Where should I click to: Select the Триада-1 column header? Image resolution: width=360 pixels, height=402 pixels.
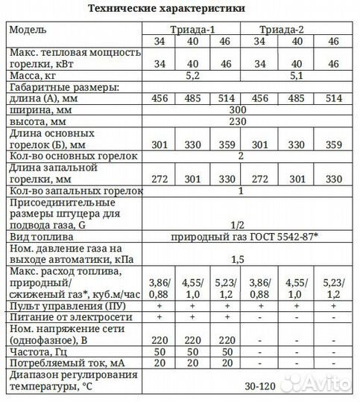(191, 30)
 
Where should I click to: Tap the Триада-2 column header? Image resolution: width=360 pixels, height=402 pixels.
(287, 30)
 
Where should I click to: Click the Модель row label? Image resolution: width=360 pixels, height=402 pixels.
(29, 30)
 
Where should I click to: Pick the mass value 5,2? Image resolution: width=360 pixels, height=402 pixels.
(191, 75)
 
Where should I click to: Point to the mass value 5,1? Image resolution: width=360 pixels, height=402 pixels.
(287, 75)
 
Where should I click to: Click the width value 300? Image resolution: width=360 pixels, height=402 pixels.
(239, 109)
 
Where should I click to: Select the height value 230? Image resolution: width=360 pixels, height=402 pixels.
(239, 121)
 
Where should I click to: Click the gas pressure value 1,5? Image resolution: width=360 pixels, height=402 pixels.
(239, 258)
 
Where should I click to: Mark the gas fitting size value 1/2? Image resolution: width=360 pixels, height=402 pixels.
(239, 224)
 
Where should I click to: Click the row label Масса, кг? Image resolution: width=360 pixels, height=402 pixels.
(33, 75)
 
